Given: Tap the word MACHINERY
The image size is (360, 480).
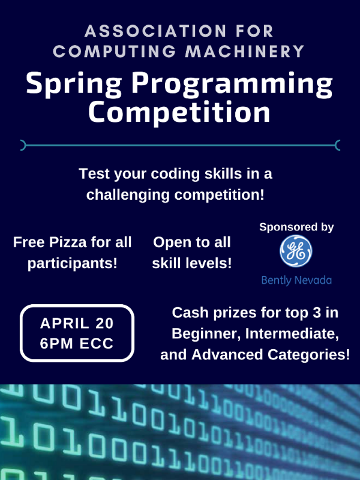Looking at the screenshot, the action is point(245,51).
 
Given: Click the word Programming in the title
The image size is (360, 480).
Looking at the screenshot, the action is point(232,85).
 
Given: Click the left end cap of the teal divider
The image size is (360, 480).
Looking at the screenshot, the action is point(23,145).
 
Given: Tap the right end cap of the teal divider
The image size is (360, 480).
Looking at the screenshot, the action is point(338,145).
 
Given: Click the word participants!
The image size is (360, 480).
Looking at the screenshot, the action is point(73,263).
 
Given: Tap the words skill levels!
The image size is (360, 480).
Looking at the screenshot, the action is point(192,263).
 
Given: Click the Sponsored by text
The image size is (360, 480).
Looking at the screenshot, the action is point(296,227).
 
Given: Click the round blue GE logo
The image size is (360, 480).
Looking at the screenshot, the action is point(296,251).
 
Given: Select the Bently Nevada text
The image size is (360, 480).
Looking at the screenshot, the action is point(296,280).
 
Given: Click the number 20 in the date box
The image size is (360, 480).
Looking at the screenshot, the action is point(104,323).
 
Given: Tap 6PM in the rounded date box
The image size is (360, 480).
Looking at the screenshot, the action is point(56,343).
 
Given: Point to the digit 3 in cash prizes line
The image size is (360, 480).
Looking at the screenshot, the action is point(317,313).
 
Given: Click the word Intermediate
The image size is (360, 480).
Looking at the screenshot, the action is point(292,334).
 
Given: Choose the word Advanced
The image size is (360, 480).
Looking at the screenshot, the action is point(227,355).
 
